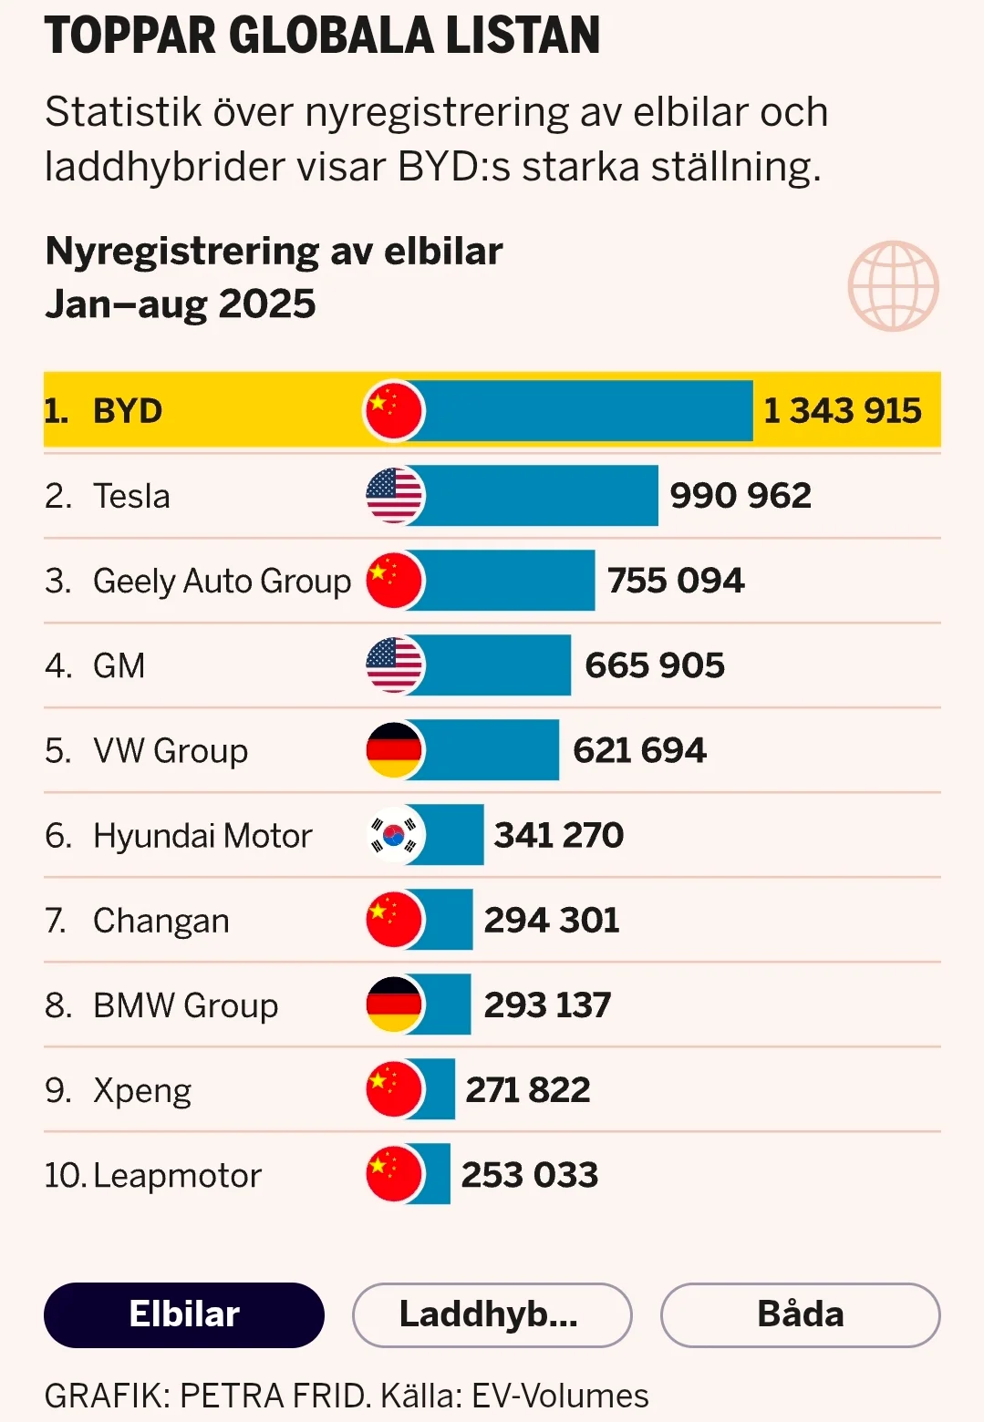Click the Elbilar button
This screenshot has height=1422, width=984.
184,1314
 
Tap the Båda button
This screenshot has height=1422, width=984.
800,1314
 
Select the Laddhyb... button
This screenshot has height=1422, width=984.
492,1314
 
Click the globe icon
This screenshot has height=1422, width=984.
893,285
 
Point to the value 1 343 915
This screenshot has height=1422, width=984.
842,411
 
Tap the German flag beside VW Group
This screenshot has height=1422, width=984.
394,750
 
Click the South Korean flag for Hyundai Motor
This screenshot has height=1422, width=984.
394,835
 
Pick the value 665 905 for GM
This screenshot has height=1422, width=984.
654,665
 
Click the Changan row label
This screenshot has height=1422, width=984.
161,921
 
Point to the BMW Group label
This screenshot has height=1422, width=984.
185,1005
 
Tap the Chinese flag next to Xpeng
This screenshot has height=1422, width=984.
394,1089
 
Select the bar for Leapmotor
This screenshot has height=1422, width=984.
436,1174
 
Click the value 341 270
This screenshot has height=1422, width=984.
558,835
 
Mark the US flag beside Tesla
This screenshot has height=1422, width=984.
394,496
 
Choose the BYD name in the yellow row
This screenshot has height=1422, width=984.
128,411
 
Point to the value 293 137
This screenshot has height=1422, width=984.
547,1005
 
